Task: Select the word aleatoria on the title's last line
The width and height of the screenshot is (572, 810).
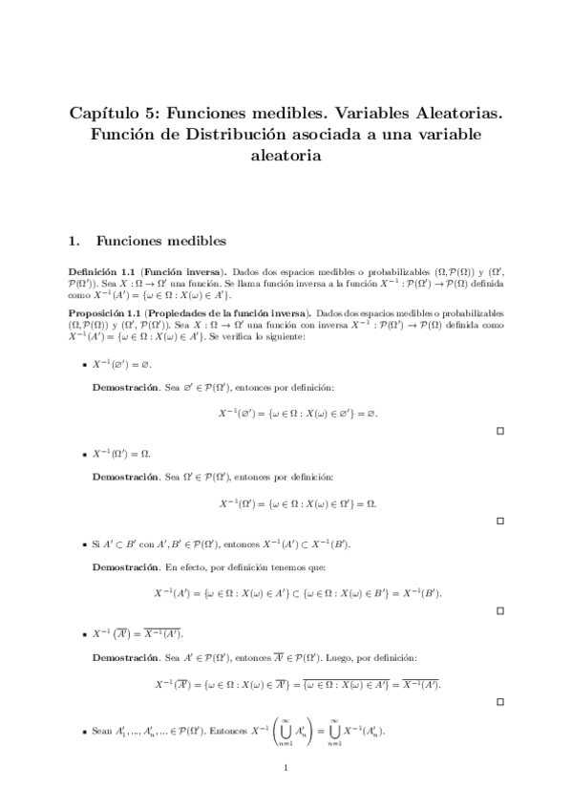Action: tap(286, 155)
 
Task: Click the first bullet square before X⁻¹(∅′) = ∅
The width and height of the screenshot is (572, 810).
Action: tap(84, 367)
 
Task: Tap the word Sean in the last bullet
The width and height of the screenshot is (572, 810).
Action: tap(102, 730)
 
